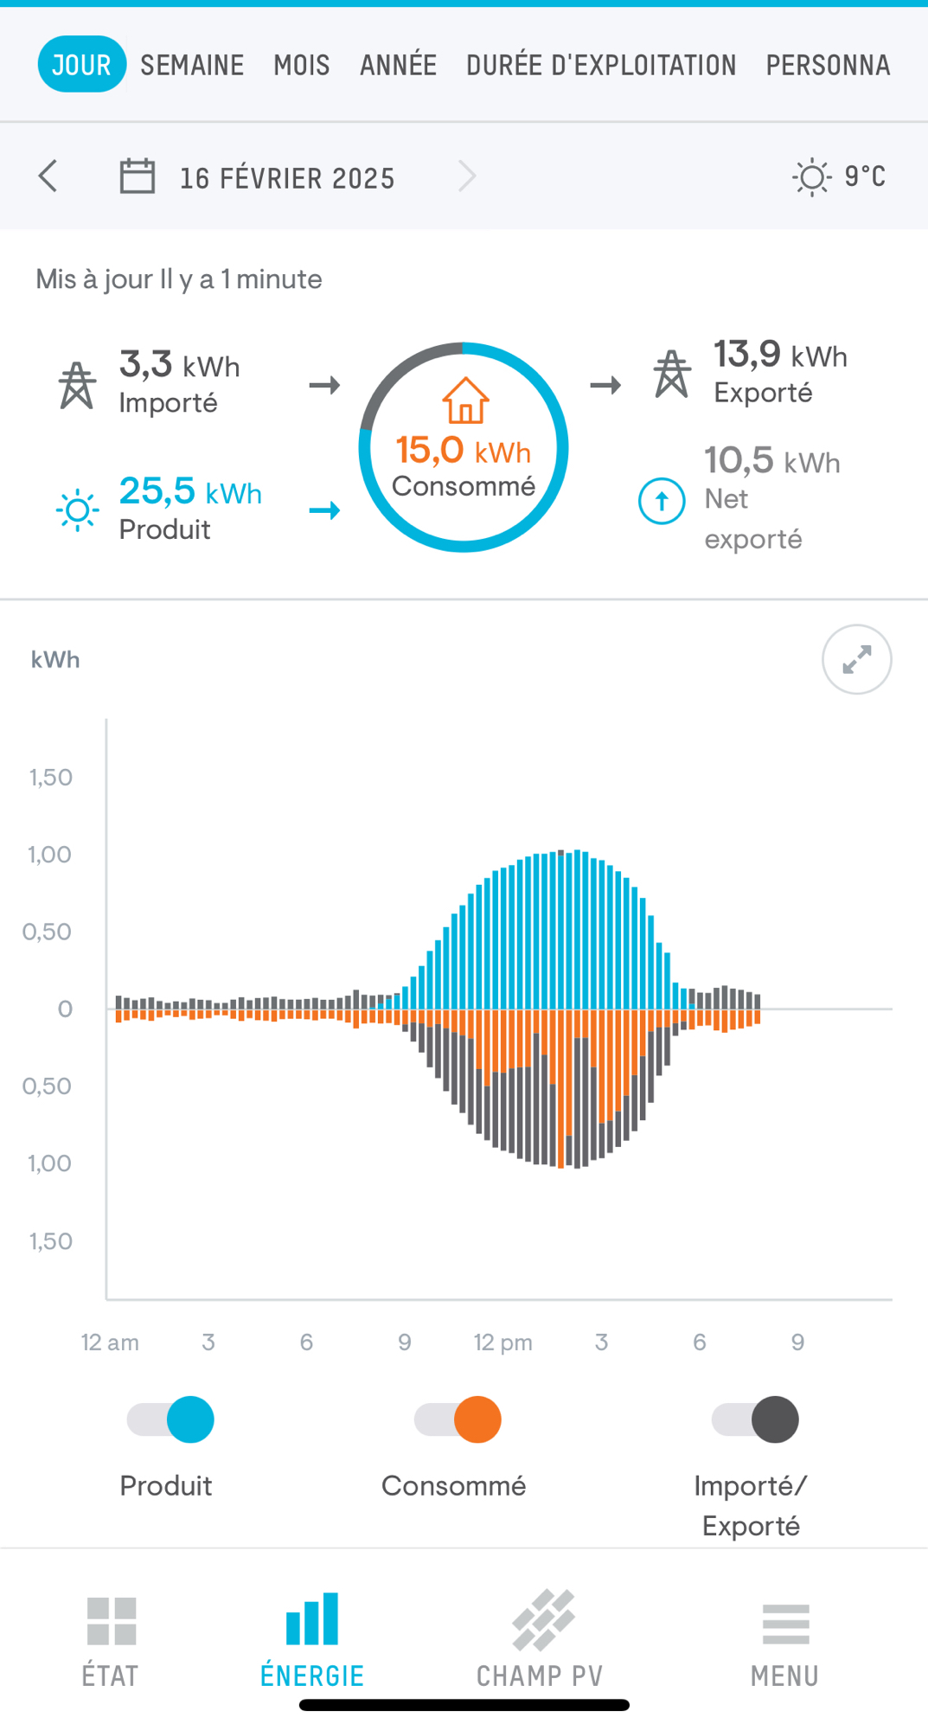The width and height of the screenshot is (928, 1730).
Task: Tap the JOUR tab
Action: (81, 65)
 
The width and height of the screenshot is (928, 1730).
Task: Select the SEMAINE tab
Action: (192, 65)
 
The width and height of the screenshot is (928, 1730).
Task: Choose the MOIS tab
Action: (302, 65)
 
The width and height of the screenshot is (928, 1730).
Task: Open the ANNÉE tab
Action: (398, 65)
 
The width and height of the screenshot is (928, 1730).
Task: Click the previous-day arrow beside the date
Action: (48, 176)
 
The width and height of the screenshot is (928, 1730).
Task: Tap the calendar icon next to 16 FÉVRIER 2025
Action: (137, 176)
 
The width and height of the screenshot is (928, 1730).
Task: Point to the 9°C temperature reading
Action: (864, 176)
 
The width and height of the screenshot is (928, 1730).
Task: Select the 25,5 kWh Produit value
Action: (190, 491)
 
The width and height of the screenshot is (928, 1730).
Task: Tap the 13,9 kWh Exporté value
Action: (779, 355)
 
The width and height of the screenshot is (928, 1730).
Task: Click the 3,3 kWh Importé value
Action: (179, 365)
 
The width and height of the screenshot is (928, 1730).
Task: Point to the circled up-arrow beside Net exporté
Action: (662, 501)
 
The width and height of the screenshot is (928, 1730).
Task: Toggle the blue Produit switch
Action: (171, 1419)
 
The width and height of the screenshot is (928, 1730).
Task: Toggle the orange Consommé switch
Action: (458, 1419)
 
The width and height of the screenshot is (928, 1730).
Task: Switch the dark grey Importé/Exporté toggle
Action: (755, 1419)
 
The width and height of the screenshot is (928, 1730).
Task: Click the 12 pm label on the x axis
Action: (502, 1342)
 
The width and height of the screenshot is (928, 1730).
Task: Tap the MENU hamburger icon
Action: (785, 1624)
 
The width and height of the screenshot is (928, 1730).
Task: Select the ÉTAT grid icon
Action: (112, 1621)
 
